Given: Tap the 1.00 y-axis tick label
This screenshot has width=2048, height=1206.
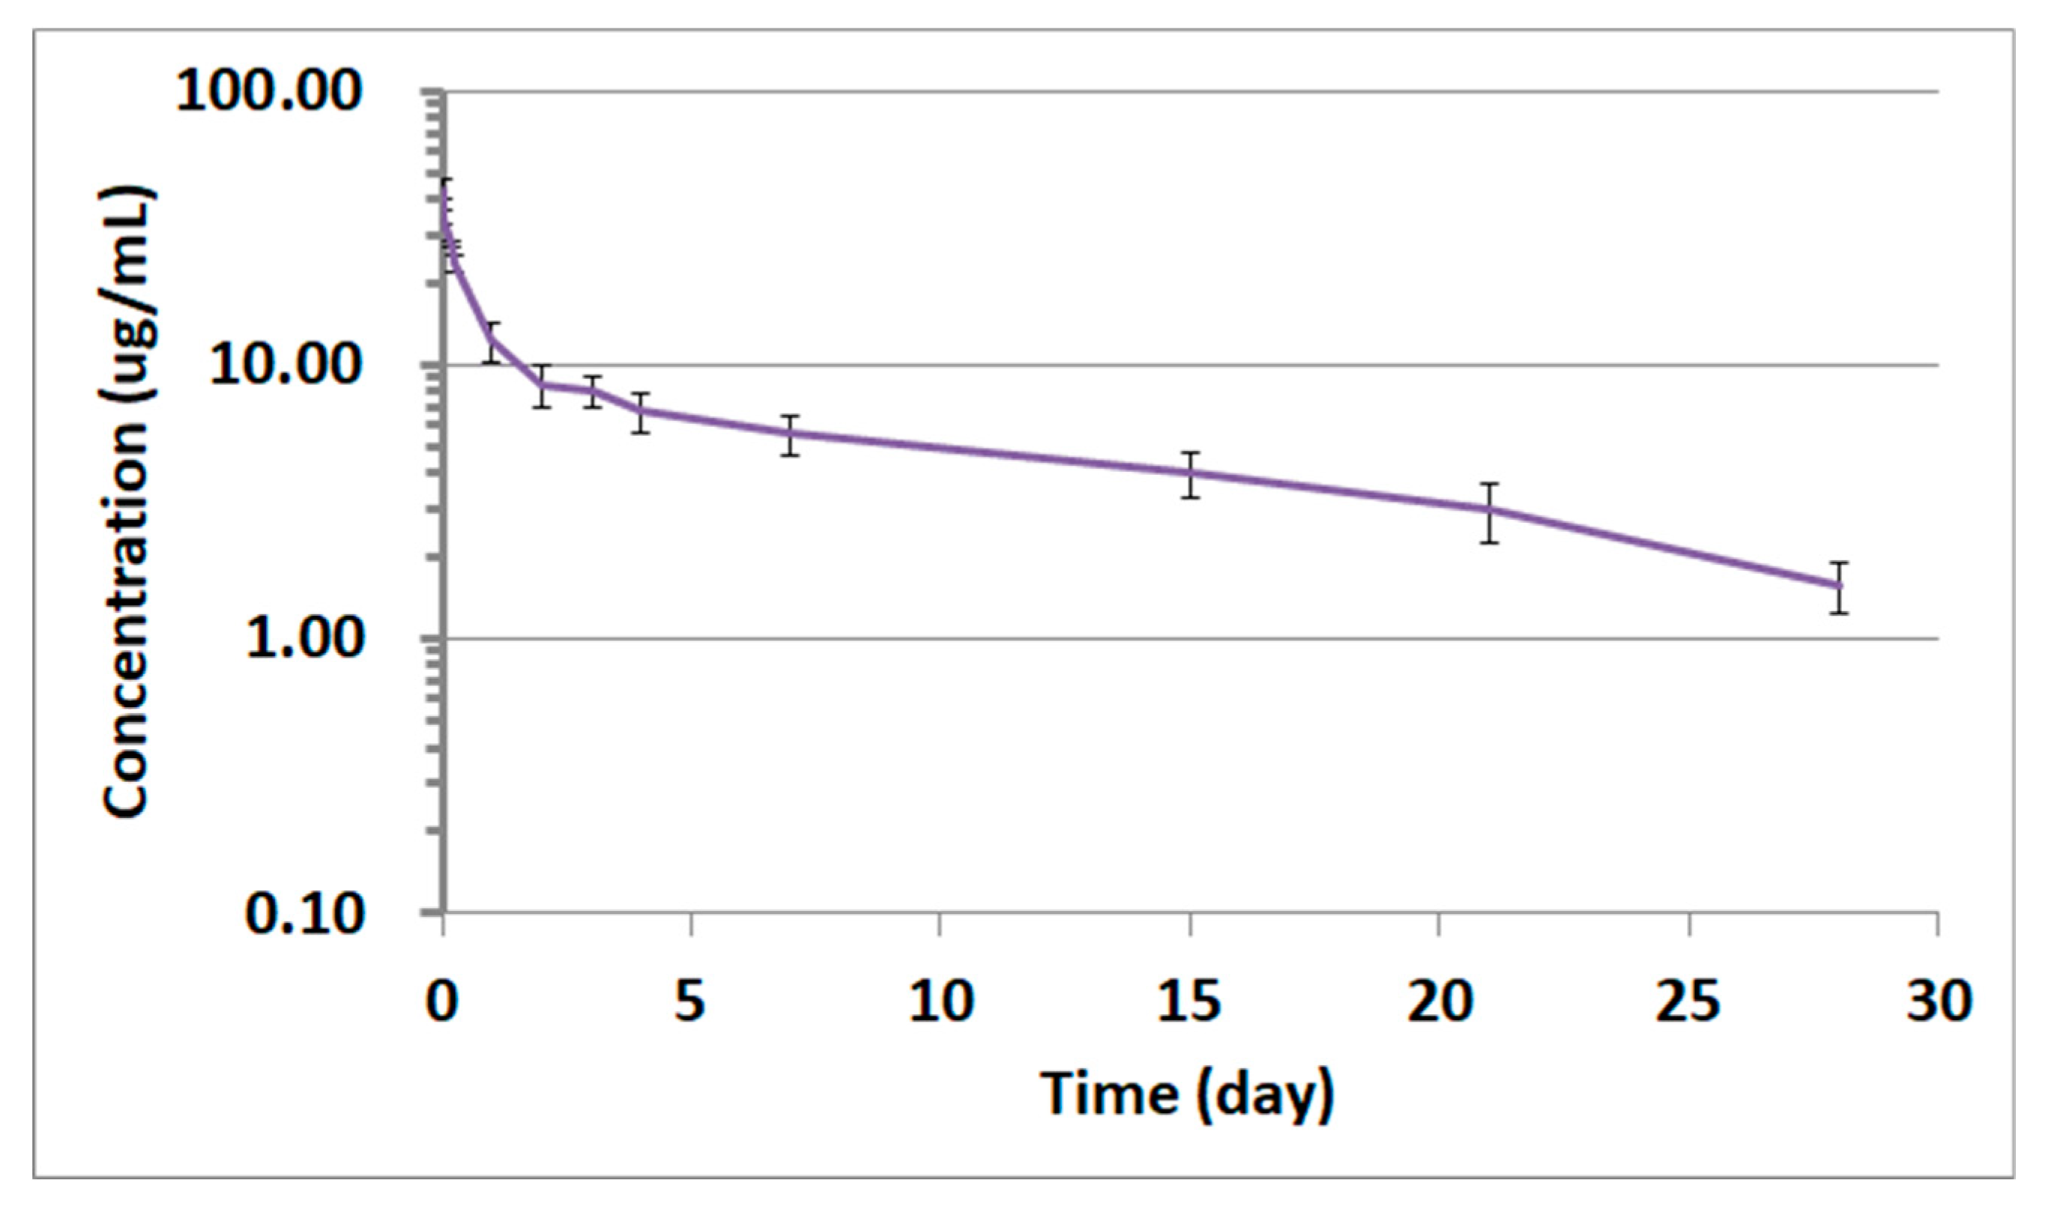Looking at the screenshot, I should click(303, 638).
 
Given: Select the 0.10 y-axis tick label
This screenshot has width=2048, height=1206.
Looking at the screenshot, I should click(303, 912).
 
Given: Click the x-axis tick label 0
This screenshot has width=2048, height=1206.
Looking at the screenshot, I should click(442, 1002).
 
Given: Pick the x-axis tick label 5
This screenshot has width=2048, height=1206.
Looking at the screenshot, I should click(689, 1002).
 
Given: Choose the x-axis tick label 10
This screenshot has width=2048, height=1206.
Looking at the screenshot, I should click(940, 1002).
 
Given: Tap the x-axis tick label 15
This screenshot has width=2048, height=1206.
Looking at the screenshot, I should click(1189, 1002).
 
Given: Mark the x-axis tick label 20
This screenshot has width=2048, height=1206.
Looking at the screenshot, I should click(1440, 1002).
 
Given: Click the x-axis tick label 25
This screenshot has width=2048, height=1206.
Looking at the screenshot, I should click(1688, 1002).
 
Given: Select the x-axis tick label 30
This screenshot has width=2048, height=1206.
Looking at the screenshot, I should click(1939, 1002).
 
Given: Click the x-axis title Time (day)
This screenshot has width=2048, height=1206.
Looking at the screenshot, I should click(1188, 1094).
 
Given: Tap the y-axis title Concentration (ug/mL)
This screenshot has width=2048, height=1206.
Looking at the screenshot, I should click(127, 501).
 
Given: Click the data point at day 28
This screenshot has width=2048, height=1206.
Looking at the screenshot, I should click(1840, 586).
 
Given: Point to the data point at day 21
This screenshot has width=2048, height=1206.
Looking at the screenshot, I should click(1490, 509).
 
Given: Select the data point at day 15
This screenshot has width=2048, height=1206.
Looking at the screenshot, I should click(1191, 472).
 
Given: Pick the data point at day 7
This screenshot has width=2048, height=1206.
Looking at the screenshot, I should click(791, 433).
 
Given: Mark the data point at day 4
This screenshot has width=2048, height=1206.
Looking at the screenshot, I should click(641, 411).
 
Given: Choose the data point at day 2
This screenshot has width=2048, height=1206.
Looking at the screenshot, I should click(543, 384).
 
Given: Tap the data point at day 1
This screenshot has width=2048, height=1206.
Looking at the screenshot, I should click(492, 339).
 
